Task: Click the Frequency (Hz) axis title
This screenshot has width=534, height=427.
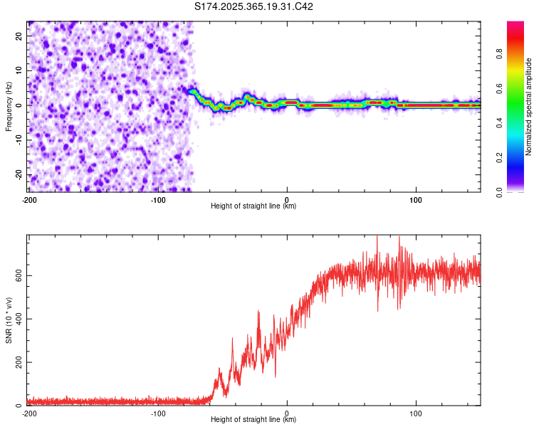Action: tap(9, 106)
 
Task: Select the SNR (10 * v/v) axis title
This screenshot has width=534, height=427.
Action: tap(9, 322)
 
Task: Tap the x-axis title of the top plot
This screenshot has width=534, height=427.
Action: tap(253, 206)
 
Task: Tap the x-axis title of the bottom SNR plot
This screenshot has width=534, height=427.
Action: tap(253, 420)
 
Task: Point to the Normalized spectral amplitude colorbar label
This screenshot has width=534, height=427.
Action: tap(529, 107)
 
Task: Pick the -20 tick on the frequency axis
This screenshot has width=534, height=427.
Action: tap(18, 174)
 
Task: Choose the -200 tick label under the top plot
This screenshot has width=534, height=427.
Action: tap(29, 199)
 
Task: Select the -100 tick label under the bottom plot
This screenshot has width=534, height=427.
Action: tap(158, 413)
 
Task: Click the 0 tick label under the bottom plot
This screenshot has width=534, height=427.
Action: tap(287, 413)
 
